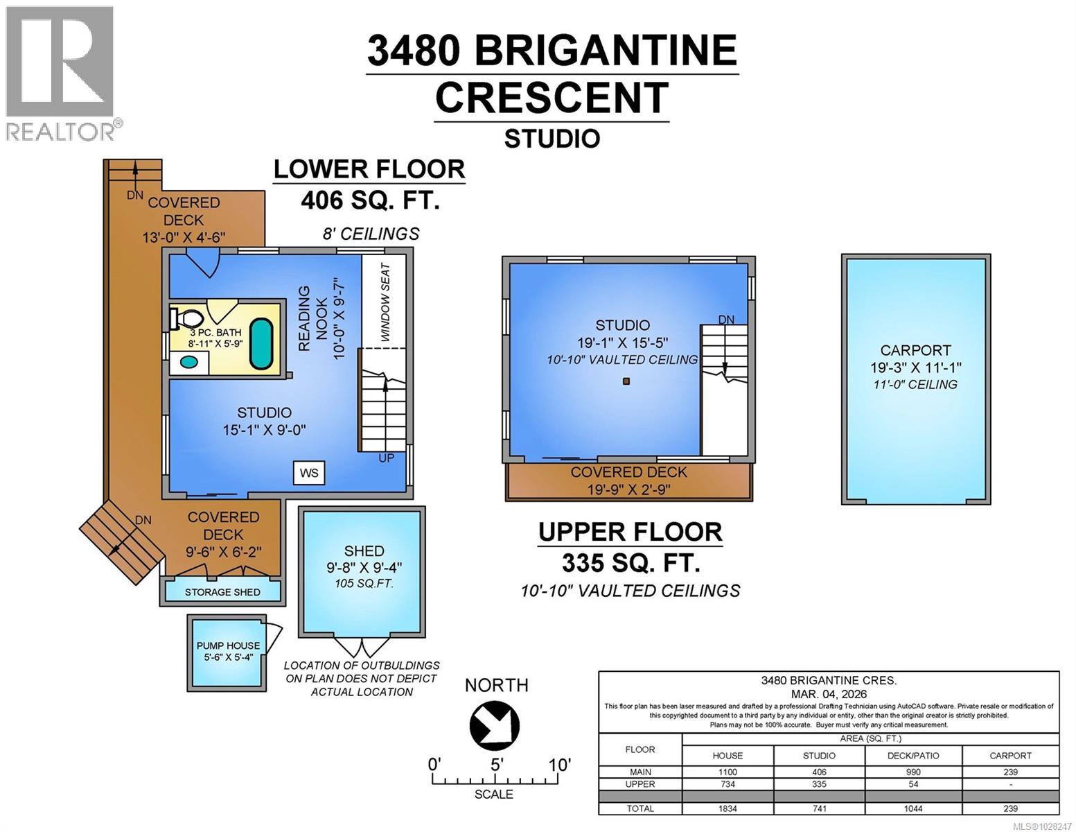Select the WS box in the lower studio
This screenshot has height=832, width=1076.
(x=308, y=473)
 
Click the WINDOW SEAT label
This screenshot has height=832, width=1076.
(x=385, y=302)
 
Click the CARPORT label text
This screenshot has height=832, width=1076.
(x=915, y=350)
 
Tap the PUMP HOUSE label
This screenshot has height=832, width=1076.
(x=228, y=645)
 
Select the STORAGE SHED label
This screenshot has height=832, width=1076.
(x=222, y=592)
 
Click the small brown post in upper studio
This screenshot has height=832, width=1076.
(x=626, y=381)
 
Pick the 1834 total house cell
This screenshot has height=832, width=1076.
(x=727, y=808)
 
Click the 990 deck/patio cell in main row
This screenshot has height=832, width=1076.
(x=913, y=772)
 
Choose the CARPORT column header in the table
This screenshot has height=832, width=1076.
(x=1010, y=756)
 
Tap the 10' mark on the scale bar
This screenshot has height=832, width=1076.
(x=559, y=765)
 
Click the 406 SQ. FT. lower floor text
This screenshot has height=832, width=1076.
(x=370, y=200)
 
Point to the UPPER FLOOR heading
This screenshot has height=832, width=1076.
(x=630, y=532)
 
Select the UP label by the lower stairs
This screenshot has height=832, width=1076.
(x=386, y=458)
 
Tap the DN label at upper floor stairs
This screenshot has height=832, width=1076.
(x=725, y=320)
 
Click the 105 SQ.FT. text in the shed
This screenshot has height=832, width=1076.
(x=364, y=584)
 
